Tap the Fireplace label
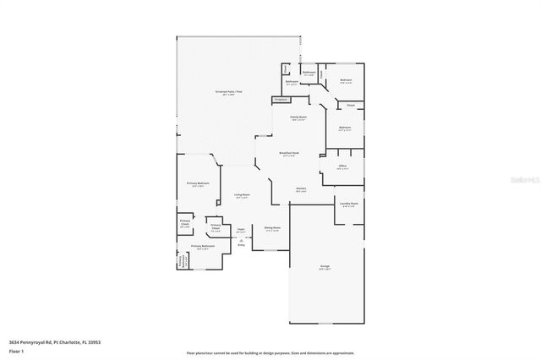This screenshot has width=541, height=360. (281, 100)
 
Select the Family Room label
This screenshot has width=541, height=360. (298, 117)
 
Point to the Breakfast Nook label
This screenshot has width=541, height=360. (290, 153)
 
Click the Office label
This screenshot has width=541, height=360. (342, 166)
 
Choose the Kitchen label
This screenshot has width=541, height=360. (300, 188)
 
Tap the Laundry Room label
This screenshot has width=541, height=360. (348, 204)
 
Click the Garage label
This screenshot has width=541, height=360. (325, 266)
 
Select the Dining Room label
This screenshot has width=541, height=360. (271, 227)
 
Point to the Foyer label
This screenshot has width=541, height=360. (240, 228)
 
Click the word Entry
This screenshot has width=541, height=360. (241, 245)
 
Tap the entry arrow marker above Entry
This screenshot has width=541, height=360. (241, 240)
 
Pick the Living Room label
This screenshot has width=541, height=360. (242, 195)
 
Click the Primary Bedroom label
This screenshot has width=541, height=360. (198, 183)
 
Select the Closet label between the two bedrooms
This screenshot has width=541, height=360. (350, 106)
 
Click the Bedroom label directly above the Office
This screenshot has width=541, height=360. (345, 128)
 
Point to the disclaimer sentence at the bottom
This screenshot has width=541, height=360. (270, 352)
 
